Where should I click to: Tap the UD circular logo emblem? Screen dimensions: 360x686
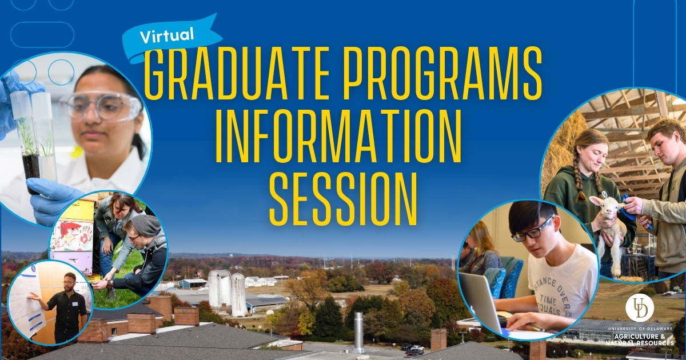(x=639, y=309)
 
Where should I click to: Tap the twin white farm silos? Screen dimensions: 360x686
(x=228, y=291)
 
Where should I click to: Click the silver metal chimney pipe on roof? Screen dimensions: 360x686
(x=358, y=331)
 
